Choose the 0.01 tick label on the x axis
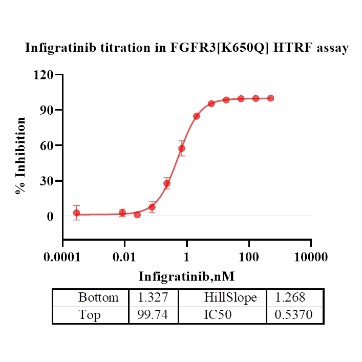(x=124, y=256)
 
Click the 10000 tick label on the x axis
(x=311, y=256)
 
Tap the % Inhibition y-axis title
(x=21, y=156)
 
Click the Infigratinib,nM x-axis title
(x=186, y=276)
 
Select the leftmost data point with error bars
(x=76, y=212)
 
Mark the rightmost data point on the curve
(x=270, y=98)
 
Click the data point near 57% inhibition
(x=182, y=148)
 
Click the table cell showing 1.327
(x=153, y=297)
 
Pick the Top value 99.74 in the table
(x=153, y=314)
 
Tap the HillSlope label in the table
(x=230, y=297)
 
